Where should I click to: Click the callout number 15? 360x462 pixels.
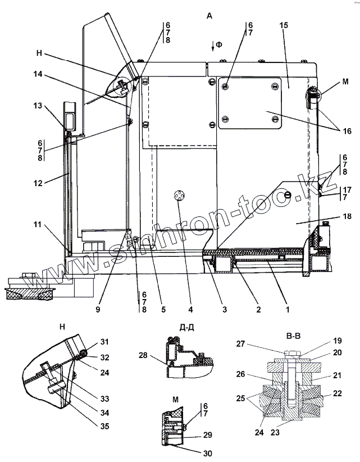click(285, 27)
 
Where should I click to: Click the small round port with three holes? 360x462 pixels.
click(179, 195)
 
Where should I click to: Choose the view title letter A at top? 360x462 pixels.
click(209, 16)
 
